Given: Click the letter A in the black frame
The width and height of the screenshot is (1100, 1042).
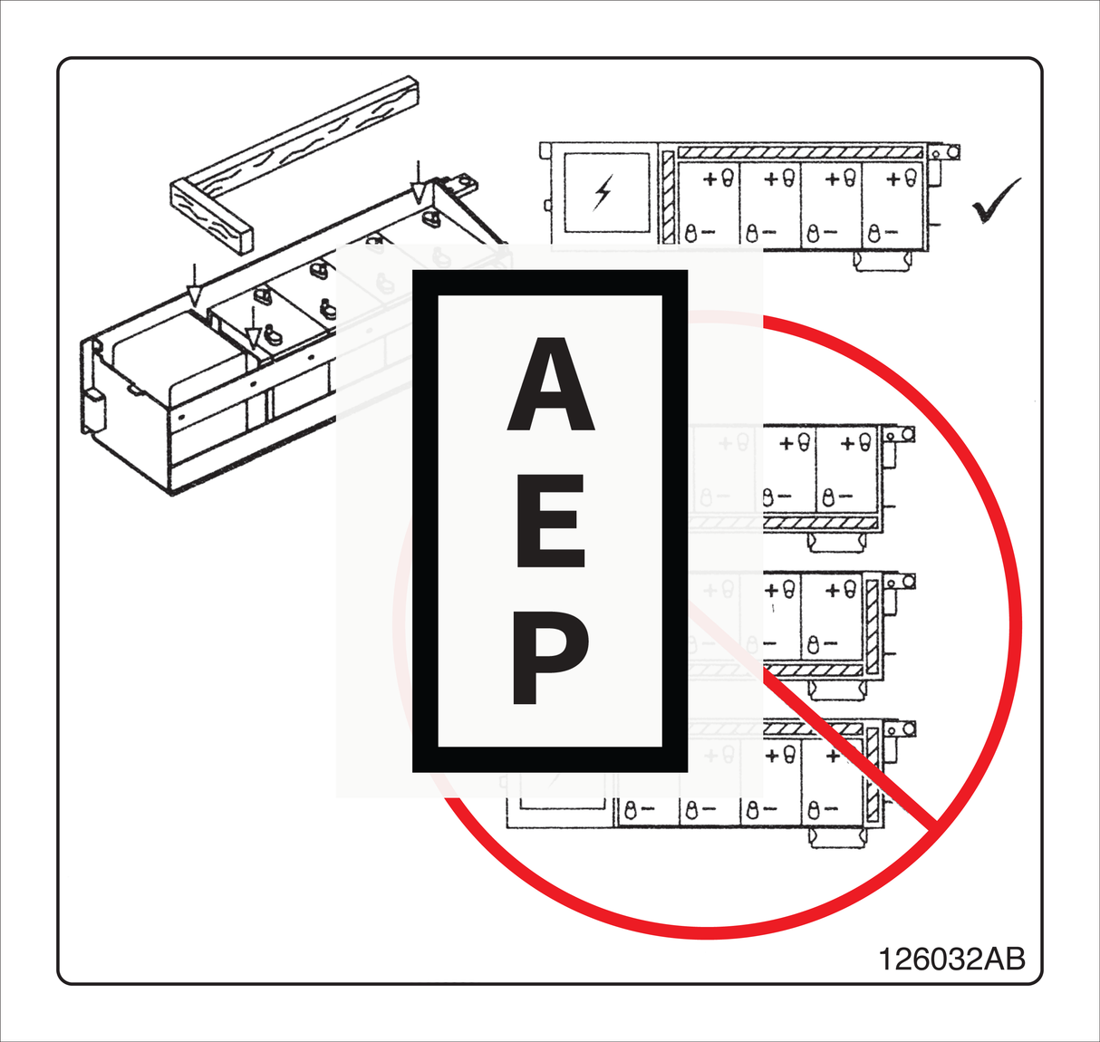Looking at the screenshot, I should pos(550,385).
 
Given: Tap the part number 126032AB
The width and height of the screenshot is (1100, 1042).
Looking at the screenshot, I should pos(951,959).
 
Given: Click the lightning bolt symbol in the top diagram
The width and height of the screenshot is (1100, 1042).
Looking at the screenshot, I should pos(603,192).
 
